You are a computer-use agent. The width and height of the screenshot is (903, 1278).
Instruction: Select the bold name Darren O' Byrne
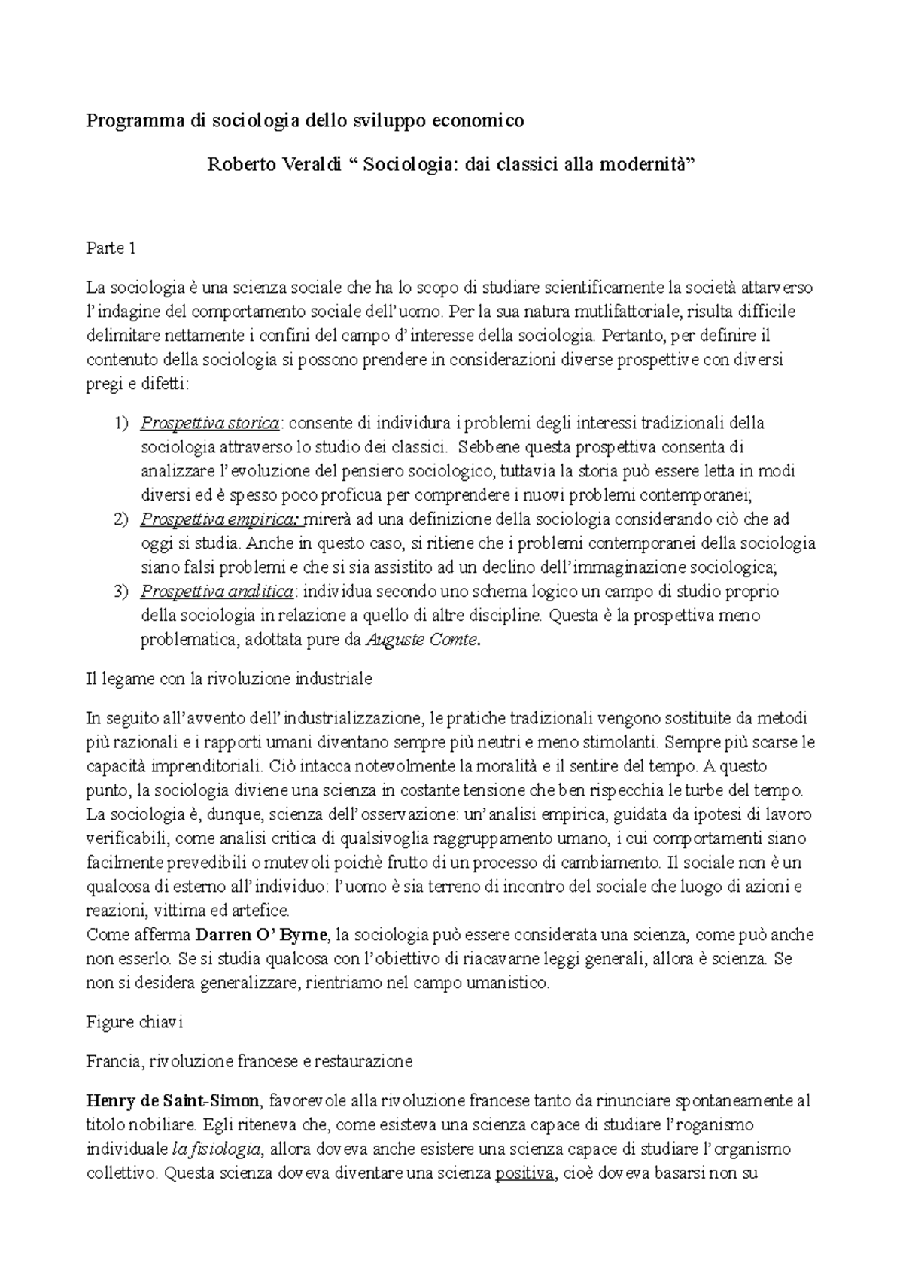point(261,936)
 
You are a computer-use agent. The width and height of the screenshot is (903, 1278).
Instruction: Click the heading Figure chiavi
point(135,1023)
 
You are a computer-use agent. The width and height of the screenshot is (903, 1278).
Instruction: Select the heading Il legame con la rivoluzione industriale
point(230,679)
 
